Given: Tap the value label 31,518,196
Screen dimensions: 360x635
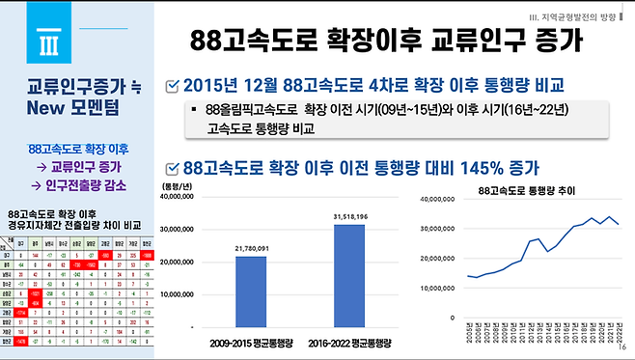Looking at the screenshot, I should pos(349,217).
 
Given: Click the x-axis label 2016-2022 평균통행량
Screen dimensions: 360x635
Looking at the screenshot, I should pos(349,343).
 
